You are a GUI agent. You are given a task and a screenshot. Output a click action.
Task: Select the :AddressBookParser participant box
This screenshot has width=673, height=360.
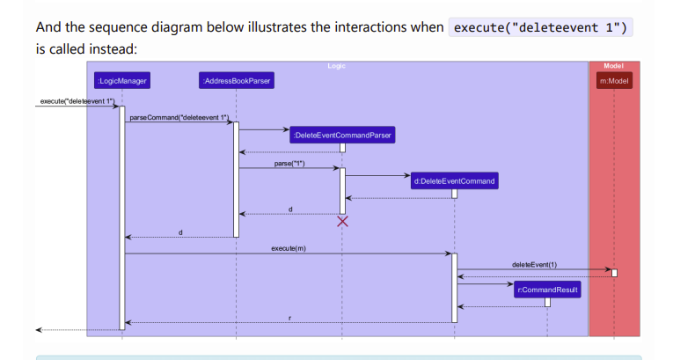(236, 81)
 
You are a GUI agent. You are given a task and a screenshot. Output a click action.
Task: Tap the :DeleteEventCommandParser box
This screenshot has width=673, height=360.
(343, 135)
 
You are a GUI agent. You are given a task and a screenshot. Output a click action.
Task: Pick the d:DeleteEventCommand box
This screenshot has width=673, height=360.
(454, 181)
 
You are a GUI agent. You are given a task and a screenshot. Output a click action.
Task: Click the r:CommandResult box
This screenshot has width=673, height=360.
(547, 289)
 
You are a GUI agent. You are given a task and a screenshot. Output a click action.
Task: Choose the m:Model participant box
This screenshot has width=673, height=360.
(614, 81)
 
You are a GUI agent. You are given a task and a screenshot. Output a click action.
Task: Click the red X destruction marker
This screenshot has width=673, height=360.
(343, 221)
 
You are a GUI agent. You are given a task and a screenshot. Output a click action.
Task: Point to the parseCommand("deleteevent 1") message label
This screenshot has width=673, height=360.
(179, 117)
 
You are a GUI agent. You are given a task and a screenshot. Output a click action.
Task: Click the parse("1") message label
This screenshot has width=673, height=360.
(289, 164)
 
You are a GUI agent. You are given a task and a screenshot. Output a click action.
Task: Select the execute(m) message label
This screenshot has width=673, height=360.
(289, 249)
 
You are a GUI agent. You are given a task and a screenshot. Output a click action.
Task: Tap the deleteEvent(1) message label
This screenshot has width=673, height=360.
(534, 265)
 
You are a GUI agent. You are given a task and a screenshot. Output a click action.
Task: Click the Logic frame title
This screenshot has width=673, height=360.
(336, 66)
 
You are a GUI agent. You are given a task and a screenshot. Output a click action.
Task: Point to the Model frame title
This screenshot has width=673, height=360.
(614, 66)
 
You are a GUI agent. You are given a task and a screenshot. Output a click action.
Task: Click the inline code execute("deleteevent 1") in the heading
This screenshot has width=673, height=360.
(539, 27)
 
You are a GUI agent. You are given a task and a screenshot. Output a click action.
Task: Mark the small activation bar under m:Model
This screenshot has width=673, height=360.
(614, 273)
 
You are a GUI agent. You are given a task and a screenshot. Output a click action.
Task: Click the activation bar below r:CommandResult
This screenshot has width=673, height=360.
(547, 302)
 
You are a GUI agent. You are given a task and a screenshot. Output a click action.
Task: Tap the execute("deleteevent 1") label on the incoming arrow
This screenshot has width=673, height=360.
(77, 102)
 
